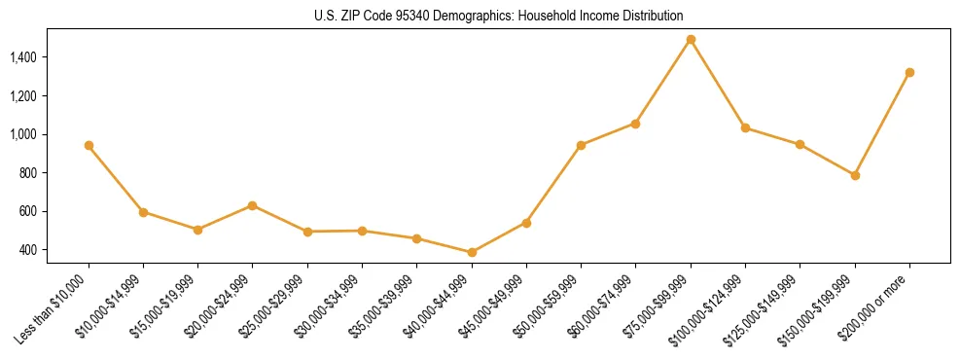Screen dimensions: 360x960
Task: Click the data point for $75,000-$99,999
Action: click(691, 40)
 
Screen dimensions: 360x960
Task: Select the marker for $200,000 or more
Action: click(909, 72)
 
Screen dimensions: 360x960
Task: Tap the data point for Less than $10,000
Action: click(89, 145)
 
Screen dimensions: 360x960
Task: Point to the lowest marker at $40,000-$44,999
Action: click(472, 252)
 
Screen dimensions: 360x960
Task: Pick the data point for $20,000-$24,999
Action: click(253, 205)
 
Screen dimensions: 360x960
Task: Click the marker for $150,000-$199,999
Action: click(855, 175)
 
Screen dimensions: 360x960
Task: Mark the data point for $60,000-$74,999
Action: click(635, 124)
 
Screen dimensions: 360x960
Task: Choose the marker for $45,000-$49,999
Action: click(526, 223)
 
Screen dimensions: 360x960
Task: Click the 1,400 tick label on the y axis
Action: click(22, 57)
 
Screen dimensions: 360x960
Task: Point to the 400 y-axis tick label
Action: click(27, 250)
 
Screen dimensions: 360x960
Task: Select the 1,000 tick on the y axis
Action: click(22, 134)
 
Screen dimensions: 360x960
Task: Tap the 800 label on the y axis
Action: click(27, 173)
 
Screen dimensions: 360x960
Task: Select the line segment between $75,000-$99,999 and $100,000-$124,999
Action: click(718, 84)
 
